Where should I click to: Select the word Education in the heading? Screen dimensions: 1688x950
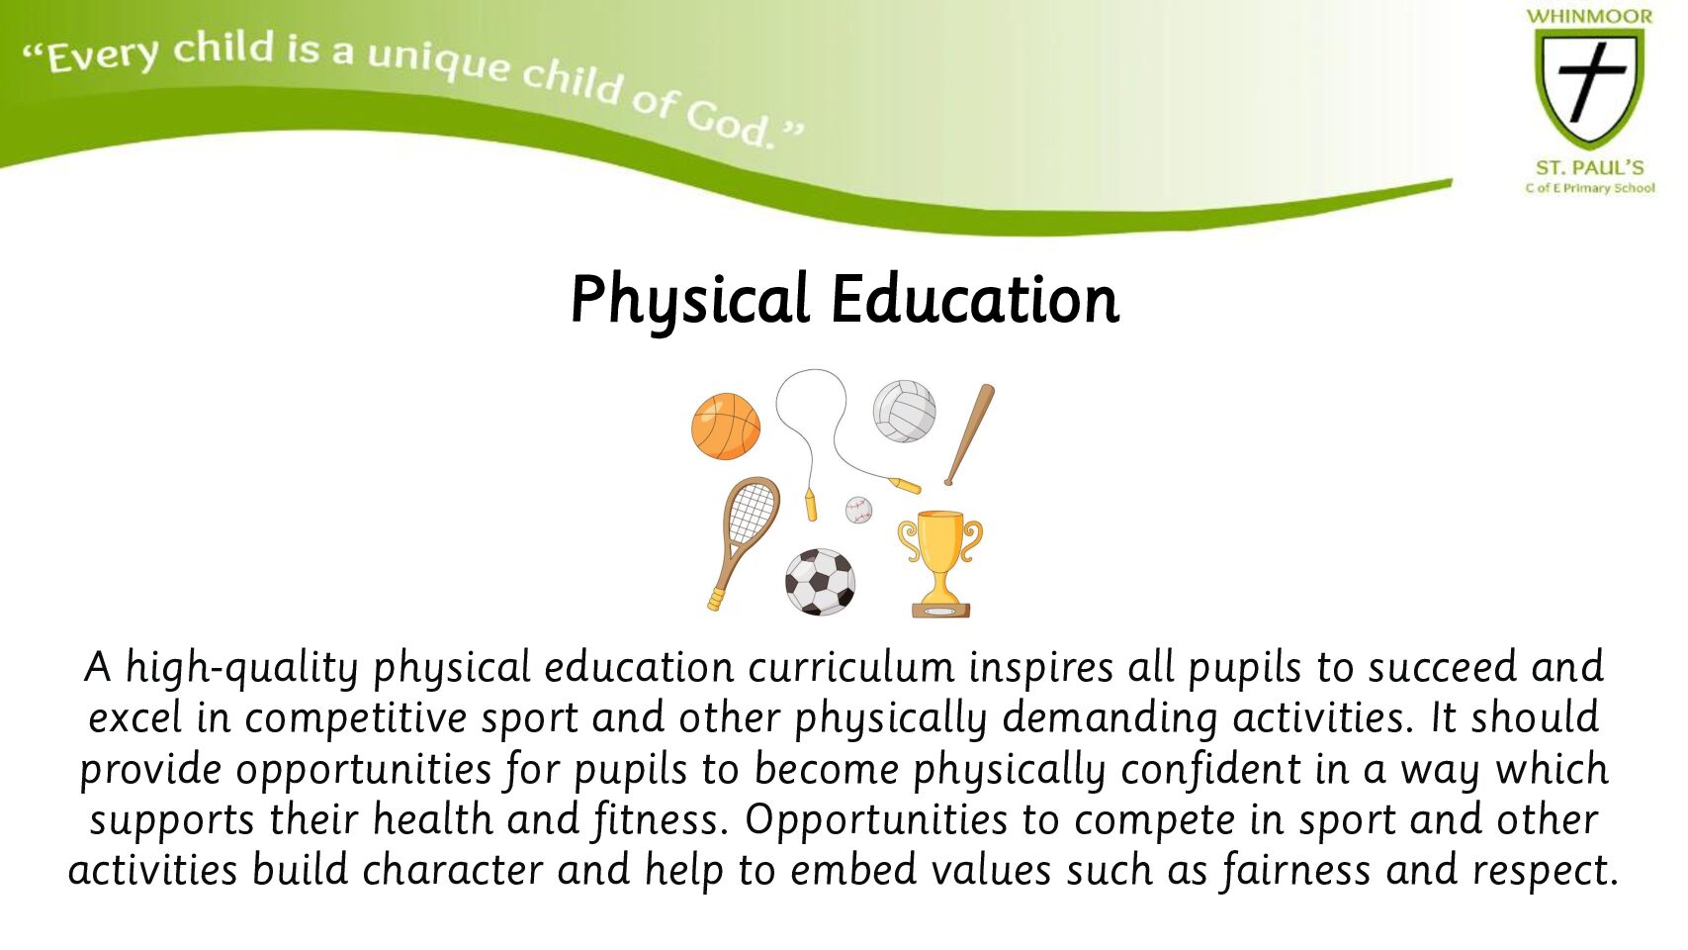(975, 299)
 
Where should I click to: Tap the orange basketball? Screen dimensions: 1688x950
(726, 426)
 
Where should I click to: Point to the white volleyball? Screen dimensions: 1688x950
(904, 411)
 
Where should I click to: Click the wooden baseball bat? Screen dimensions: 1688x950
(970, 434)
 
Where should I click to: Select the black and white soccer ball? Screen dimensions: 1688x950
(820, 582)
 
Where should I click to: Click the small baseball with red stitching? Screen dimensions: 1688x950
(858, 510)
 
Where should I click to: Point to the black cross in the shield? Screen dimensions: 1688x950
(1590, 81)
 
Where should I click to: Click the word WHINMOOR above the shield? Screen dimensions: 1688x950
(1589, 17)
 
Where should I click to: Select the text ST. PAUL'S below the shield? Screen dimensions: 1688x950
(1590, 167)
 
